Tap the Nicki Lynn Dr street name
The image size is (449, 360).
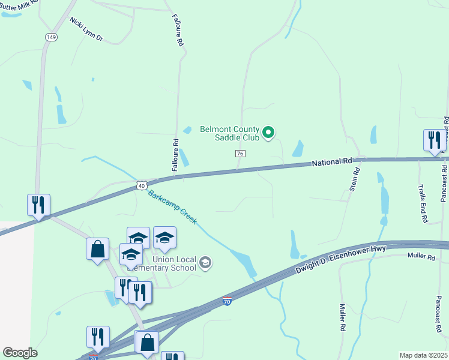click(x=86, y=29)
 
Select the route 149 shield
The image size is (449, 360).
click(x=51, y=37)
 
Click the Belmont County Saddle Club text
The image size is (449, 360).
click(x=229, y=133)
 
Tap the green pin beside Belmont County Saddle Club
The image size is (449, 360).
click(x=269, y=132)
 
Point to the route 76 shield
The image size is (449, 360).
click(x=240, y=154)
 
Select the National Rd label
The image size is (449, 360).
click(x=331, y=162)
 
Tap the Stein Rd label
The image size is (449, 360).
click(x=355, y=179)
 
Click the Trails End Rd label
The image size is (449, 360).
click(x=422, y=204)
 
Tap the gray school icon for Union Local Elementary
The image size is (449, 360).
click(x=205, y=263)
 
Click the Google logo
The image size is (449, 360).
click(x=20, y=353)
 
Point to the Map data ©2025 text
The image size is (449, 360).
click(x=423, y=355)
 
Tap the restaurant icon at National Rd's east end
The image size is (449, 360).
click(x=434, y=141)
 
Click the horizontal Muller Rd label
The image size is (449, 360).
click(x=420, y=257)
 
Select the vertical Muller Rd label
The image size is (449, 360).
click(x=342, y=317)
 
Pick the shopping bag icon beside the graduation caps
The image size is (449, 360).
click(x=97, y=248)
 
